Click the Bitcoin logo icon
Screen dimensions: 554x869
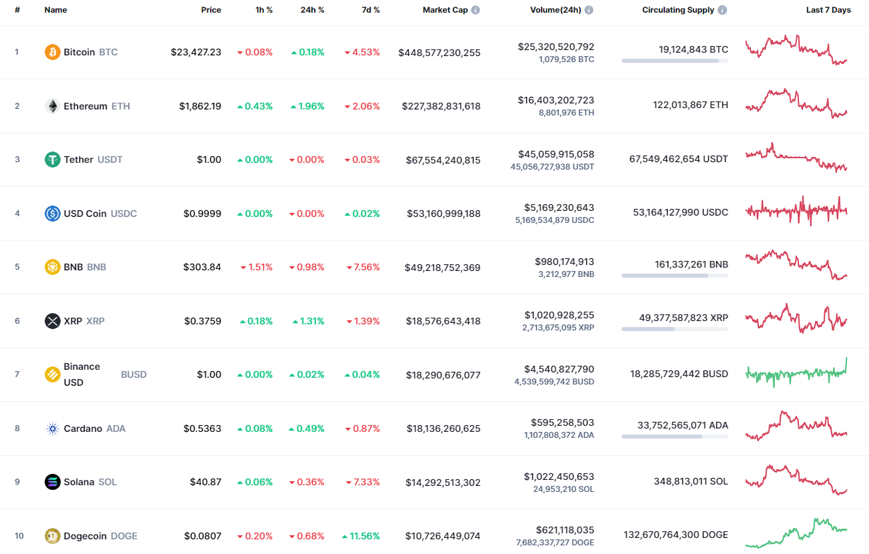click(x=52, y=52)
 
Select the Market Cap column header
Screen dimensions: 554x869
click(x=446, y=10)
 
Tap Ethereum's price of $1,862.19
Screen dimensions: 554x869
click(x=200, y=106)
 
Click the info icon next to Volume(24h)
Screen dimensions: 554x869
click(x=589, y=10)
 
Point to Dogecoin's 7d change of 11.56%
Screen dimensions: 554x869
click(x=361, y=536)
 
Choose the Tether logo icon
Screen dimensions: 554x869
click(x=52, y=160)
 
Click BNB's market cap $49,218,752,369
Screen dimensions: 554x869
click(x=442, y=268)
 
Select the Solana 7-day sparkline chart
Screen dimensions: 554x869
click(x=796, y=481)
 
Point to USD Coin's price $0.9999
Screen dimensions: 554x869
click(x=202, y=214)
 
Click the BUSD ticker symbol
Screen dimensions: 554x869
click(x=133, y=374)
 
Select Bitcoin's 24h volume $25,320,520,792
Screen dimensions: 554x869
click(x=556, y=47)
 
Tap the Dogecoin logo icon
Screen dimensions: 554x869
click(x=52, y=536)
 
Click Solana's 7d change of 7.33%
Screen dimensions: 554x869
click(x=363, y=482)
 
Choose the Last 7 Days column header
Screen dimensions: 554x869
click(x=828, y=10)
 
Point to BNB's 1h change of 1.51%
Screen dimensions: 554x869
click(x=257, y=267)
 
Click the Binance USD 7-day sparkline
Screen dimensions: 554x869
click(x=796, y=374)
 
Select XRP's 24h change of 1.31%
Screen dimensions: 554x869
click(x=308, y=321)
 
